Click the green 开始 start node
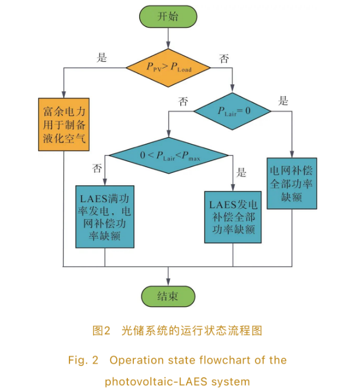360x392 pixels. click(168, 16)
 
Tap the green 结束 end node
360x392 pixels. click(168, 296)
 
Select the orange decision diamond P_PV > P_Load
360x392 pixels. click(168, 69)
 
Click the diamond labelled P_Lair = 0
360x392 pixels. click(233, 110)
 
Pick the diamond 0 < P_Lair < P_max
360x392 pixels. click(168, 155)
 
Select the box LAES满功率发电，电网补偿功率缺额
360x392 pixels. click(105, 216)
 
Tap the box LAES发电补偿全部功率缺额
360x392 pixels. click(233, 217)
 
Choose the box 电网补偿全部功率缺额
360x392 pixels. click(292, 183)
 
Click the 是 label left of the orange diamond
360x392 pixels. click(102, 57)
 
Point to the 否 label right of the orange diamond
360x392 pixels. click(223, 58)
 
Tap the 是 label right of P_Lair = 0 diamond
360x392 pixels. click(283, 100)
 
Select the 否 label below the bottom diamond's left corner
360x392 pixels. click(97, 169)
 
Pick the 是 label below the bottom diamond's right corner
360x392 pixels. click(240, 172)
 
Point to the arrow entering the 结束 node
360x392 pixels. click(168, 276)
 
